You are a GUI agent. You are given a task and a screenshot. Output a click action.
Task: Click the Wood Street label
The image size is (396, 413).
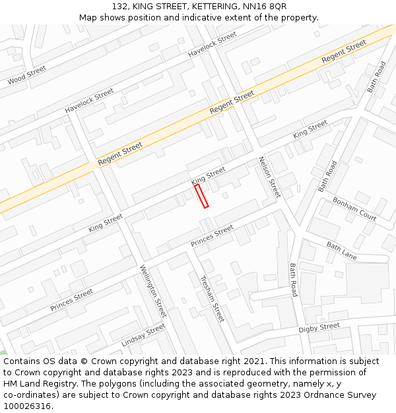point(27,75)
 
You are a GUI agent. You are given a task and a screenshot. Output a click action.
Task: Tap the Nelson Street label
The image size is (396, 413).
point(269,177)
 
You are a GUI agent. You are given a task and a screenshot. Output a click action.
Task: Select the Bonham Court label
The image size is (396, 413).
point(354,209)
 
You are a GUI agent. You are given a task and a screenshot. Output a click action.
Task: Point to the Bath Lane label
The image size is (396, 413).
point(341,250)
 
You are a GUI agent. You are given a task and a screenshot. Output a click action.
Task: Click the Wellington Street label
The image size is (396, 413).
point(153,291)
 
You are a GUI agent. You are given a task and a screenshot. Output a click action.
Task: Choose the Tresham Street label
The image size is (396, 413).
point(213,299)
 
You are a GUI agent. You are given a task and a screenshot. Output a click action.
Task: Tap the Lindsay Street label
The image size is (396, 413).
point(143,336)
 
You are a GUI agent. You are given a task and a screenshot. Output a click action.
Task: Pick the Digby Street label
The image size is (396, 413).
point(319,328)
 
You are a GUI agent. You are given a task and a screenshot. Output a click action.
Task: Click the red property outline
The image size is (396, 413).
point(201,196)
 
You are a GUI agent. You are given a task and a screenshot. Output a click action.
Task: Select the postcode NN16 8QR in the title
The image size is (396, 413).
point(264,6)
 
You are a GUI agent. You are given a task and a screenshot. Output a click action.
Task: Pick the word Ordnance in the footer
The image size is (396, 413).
point(309,395)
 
